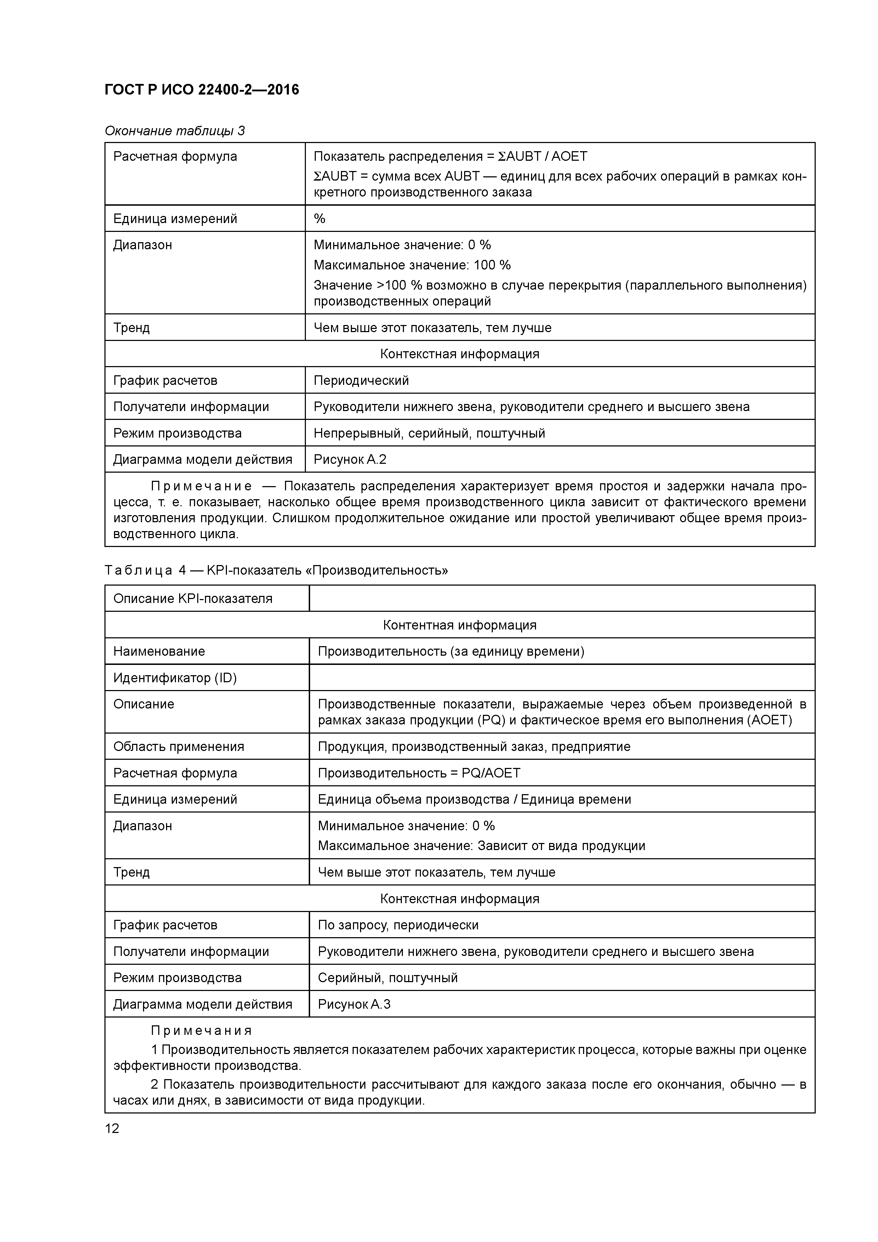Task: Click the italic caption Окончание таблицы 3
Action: [x=174, y=131]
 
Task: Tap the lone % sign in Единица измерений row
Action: [x=320, y=218]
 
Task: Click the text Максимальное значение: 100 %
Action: [x=412, y=265]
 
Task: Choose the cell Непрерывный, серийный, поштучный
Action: [x=429, y=433]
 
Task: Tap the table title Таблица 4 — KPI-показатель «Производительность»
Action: [x=276, y=571]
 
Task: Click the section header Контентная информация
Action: [x=459, y=625]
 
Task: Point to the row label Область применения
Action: [x=178, y=747]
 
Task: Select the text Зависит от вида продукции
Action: [x=561, y=846]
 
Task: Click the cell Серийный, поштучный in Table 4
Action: [x=387, y=978]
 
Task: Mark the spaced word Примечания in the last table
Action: [x=201, y=1031]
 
